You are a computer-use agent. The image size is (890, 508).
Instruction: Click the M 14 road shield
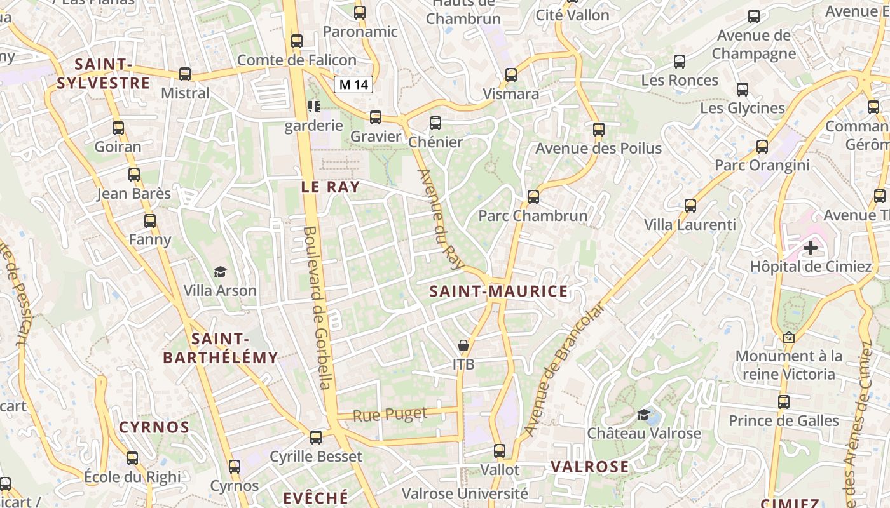pos(353,84)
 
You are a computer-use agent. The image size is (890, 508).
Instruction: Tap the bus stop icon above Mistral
pos(185,74)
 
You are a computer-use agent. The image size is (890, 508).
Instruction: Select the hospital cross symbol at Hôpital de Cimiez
pos(811,247)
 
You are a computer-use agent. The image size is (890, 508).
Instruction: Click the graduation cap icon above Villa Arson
pos(220,272)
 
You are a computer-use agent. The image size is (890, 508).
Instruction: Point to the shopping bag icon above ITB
pos(463,346)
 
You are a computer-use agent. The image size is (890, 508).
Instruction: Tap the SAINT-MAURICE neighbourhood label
pos(498,291)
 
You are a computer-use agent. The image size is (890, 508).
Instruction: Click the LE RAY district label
pos(331,187)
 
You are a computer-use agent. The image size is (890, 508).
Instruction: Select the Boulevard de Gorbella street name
pos(318,308)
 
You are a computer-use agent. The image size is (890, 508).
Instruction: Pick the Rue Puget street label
pos(390,415)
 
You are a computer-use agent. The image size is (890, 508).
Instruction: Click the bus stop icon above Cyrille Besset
pos(316,438)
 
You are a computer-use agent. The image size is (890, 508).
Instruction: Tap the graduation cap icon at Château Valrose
pos(644,415)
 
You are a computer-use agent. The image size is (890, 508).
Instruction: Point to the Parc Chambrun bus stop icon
pos(533,197)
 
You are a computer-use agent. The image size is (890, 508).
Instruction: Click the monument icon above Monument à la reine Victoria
pos(789,338)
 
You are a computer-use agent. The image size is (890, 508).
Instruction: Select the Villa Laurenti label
pos(690,225)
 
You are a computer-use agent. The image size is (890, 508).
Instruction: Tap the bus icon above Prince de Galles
pos(784,402)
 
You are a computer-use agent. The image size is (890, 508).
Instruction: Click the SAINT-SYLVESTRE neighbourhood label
pos(103,74)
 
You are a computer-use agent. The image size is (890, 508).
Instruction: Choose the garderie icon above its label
pos(313,106)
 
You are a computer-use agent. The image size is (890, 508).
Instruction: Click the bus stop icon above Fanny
pos(150,221)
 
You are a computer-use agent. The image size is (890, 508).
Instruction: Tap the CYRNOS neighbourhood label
pos(154,427)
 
